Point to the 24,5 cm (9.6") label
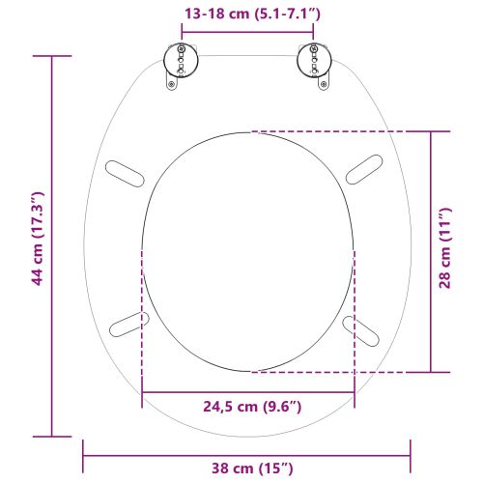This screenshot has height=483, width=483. pos(248,407)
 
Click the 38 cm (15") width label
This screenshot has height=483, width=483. pos(248,469)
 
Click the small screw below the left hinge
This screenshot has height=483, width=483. pos(172,84)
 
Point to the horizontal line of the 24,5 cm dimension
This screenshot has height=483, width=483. pos(193,391)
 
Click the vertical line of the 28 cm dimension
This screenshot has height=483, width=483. pos(430,193)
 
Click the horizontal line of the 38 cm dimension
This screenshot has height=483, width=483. pos(145,449)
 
